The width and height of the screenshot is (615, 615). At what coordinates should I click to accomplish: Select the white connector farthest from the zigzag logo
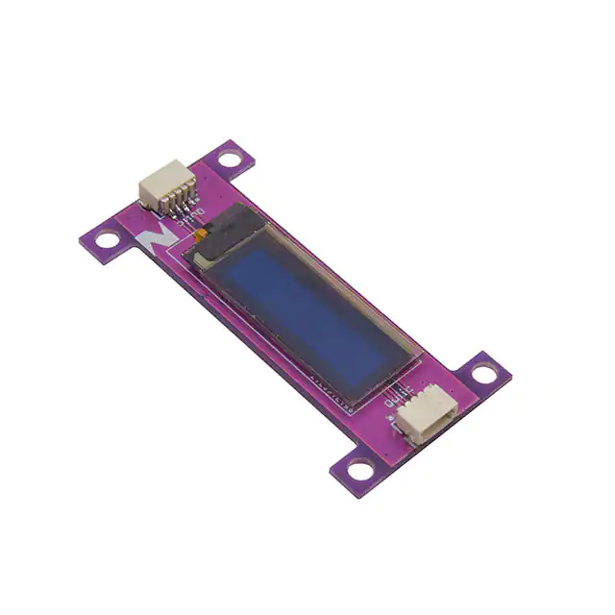coord(424,417)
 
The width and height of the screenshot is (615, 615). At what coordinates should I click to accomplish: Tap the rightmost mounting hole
coord(486,374)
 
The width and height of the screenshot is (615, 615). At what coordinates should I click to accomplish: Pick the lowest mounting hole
coord(359,468)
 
